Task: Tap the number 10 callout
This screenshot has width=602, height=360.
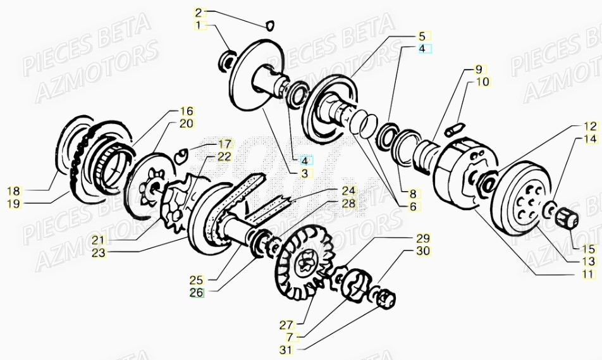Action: [482, 82]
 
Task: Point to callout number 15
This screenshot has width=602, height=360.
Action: [589, 249]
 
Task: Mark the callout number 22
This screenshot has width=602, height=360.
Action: [224, 156]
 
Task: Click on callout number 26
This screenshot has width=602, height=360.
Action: [197, 292]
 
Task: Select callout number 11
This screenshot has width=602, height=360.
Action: [589, 274]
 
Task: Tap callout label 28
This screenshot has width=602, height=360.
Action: [349, 203]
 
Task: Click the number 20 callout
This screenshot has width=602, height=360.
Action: [186, 124]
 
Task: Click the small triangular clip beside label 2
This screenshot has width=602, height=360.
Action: [270, 25]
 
